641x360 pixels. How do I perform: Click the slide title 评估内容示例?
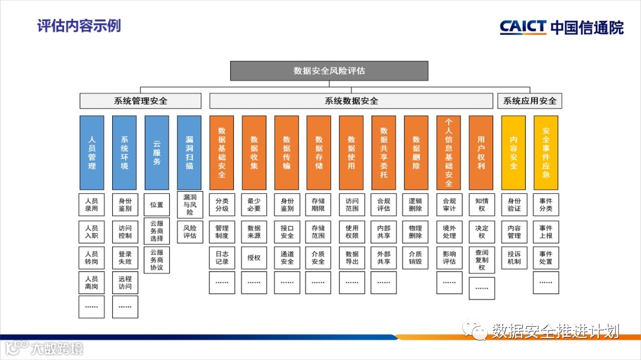click(79, 26)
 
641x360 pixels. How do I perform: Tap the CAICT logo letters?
click(522, 27)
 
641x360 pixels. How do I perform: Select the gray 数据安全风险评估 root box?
click(329, 71)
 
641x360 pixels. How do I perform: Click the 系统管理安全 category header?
click(141, 101)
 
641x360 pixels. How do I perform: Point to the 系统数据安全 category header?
click(351, 101)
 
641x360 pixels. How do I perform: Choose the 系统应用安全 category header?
click(529, 101)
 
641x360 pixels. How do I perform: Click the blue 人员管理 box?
click(92, 152)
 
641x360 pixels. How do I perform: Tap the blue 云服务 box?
click(157, 152)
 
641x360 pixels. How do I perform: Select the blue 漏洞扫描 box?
click(189, 152)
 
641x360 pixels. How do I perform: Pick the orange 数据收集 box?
click(254, 152)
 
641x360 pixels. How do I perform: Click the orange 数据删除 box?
click(415, 152)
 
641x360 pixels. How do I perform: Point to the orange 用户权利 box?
click(481, 152)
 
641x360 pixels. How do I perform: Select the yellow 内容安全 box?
click(513, 152)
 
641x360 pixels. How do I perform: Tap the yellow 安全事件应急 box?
click(545, 152)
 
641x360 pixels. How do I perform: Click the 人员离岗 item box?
click(92, 283)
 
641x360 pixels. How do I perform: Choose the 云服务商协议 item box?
click(157, 259)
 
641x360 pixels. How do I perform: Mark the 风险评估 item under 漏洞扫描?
click(189, 231)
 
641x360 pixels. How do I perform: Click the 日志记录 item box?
click(221, 257)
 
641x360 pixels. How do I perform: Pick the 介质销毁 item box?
click(415, 257)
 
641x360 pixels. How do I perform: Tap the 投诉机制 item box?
click(513, 257)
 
